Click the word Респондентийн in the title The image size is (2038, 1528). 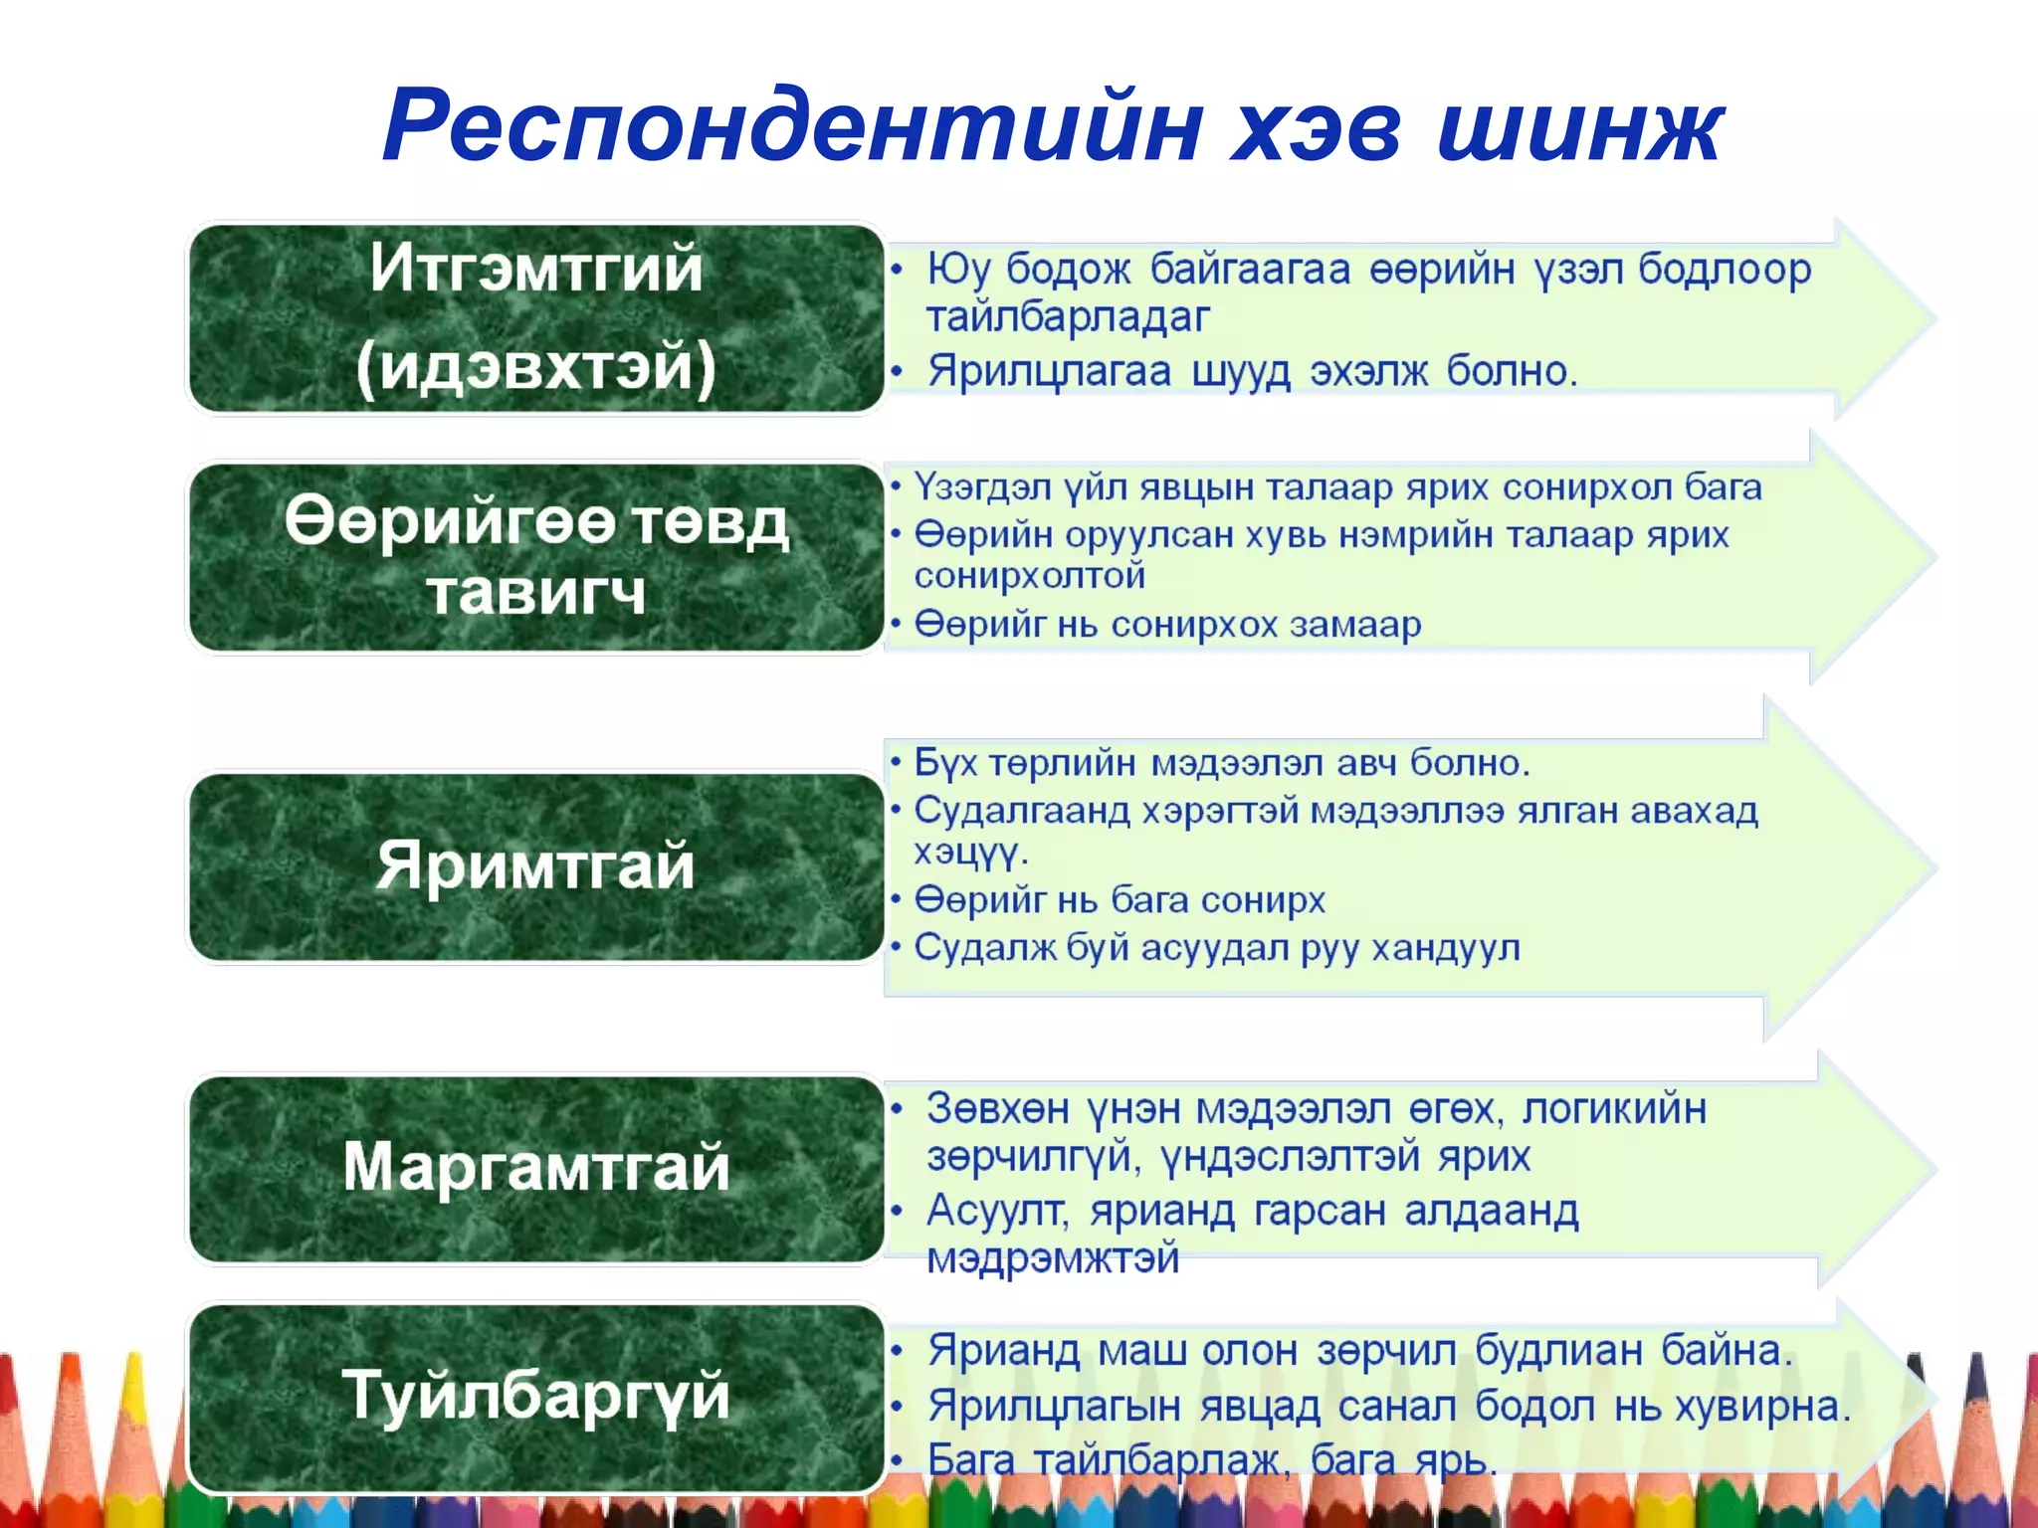792,127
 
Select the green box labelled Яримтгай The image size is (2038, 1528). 536,865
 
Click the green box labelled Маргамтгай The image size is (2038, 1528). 536,1168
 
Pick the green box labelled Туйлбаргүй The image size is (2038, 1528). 536,1397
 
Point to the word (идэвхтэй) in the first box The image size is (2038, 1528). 536,367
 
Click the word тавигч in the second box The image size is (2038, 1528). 536,594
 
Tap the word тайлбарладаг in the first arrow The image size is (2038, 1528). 1068,317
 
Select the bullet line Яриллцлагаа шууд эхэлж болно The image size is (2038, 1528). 1252,371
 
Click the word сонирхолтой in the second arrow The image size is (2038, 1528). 1030,576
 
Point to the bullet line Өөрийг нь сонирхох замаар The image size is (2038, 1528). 1167,625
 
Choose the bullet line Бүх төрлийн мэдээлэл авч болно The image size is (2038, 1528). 1221,763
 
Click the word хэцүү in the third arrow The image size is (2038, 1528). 968,853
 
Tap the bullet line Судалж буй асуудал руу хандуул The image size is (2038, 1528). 1216,948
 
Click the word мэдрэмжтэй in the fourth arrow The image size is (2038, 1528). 1053,1258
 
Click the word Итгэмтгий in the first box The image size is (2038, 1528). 536,268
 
